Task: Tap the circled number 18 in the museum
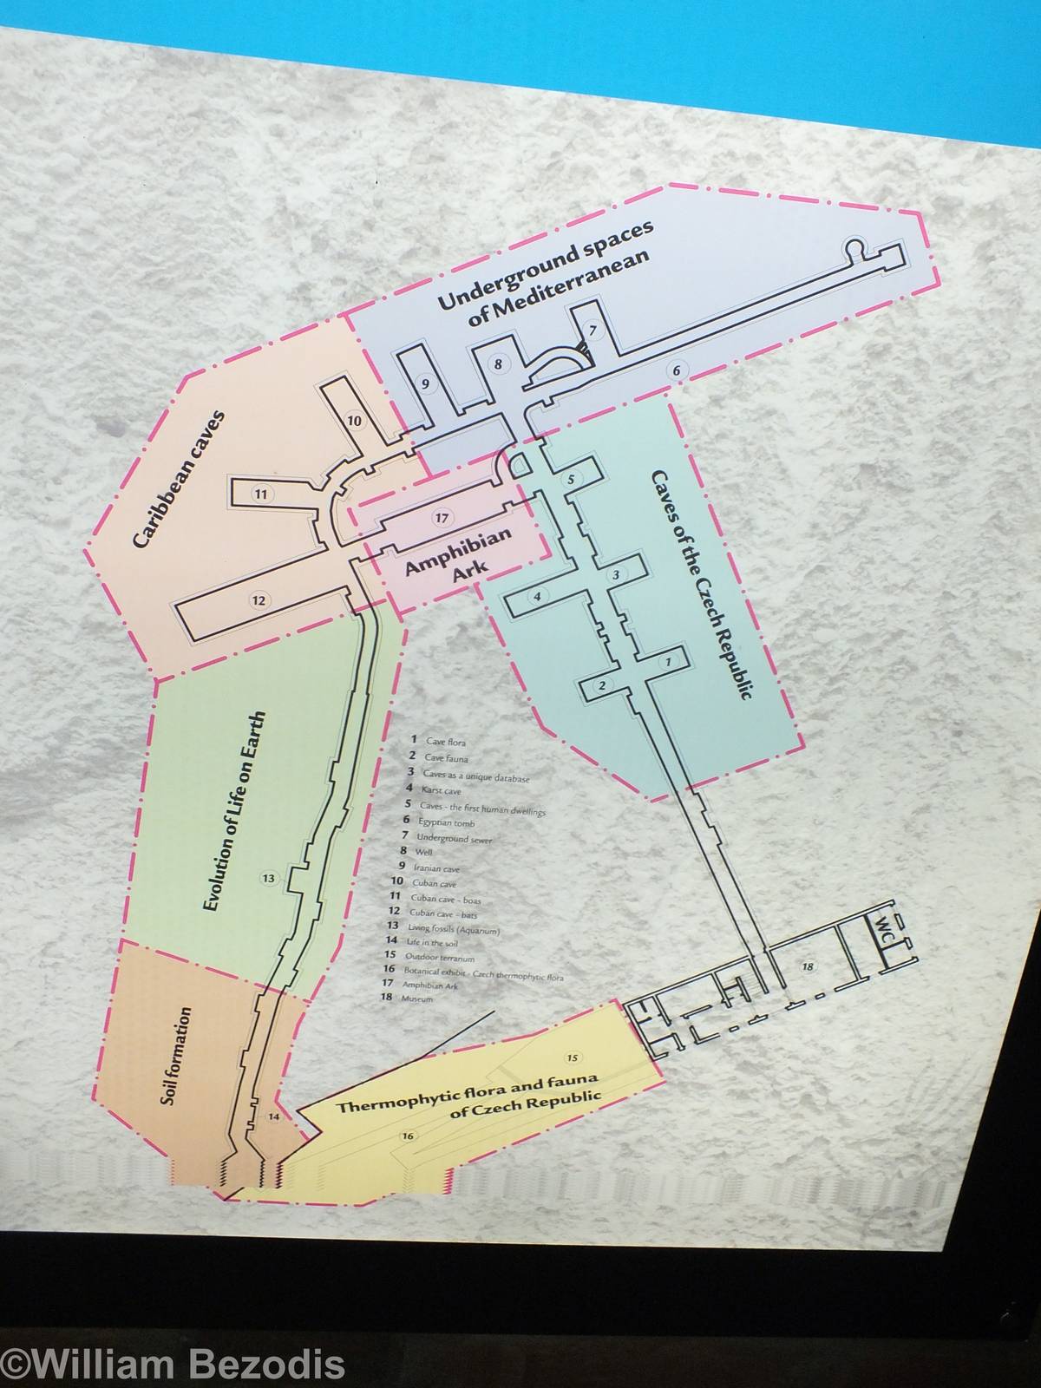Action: coord(808,966)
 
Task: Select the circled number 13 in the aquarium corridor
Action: coord(269,879)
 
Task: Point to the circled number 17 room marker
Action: coord(442,518)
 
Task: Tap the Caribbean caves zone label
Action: coord(180,479)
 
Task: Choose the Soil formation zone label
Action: coord(176,1056)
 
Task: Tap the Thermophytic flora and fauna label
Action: coord(468,1098)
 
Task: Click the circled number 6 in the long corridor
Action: coord(678,370)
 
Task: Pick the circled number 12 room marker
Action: coord(258,599)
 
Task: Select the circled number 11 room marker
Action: coord(260,494)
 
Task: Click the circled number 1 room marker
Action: coord(667,662)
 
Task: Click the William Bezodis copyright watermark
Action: coord(173,1365)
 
